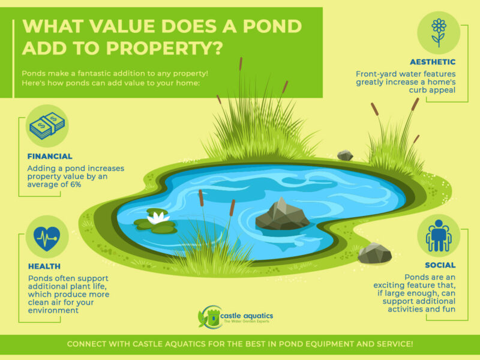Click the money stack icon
tap(47, 126)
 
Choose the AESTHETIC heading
tap(432, 61)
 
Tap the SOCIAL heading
tap(440, 265)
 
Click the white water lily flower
tap(157, 217)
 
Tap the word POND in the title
tap(266, 26)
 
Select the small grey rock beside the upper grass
tap(345, 155)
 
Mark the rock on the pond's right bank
tap(374, 253)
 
